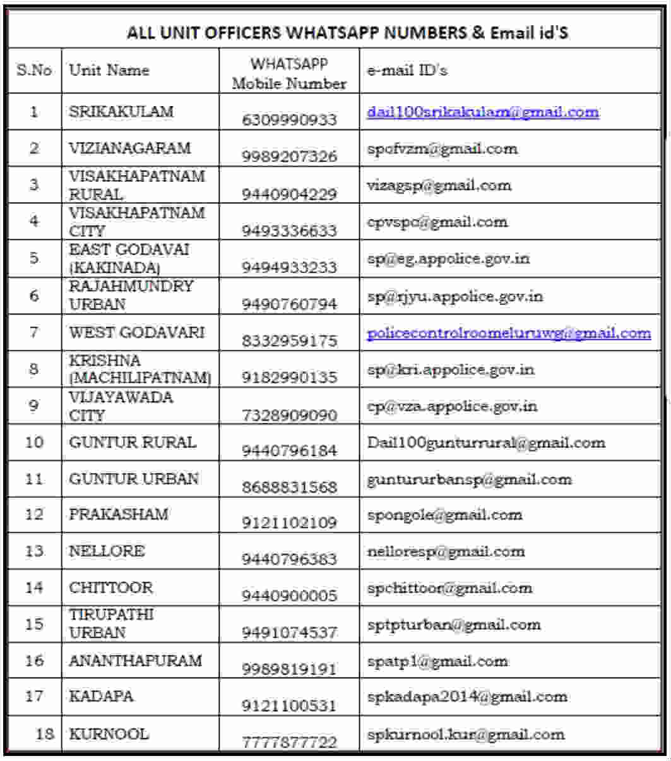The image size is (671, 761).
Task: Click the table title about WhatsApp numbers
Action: coord(347,33)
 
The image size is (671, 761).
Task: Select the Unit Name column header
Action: coord(109,70)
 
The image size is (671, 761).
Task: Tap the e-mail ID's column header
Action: coord(407,70)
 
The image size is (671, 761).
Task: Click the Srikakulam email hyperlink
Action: coord(483,112)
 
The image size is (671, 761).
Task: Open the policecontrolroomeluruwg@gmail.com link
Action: coord(509,333)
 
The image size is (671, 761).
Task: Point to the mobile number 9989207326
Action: coord(289,156)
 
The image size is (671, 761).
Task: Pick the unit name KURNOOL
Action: coord(109,734)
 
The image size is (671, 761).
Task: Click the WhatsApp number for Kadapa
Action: coord(289,705)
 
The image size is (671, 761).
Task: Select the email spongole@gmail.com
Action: coord(444,515)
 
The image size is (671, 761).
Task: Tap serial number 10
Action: coord(34,442)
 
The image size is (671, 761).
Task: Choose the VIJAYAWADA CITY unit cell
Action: coord(121,406)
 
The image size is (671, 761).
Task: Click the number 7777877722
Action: coord(289,742)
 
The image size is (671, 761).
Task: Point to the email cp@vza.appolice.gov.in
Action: coord(452,406)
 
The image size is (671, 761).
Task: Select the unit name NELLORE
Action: coord(107,551)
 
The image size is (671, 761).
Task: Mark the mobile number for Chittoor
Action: coord(289,596)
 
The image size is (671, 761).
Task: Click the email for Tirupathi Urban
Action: coord(453,625)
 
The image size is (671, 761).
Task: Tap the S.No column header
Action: coord(34,70)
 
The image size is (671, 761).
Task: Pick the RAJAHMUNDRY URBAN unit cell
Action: coord(131,295)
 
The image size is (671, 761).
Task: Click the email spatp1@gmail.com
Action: coord(437,661)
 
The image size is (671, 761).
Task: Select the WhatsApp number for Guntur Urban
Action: coord(289,487)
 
